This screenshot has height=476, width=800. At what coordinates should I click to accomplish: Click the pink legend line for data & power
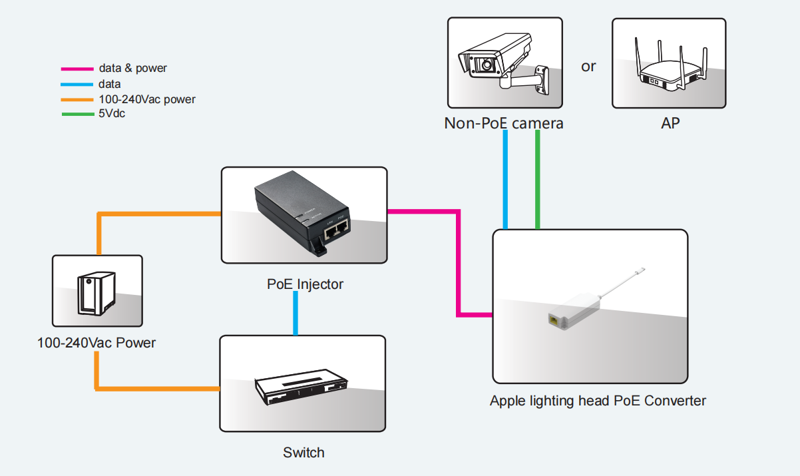coord(77,69)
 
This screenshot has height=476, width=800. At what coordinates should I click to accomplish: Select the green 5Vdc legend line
coord(77,115)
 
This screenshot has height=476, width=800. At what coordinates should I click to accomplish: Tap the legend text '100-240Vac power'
coord(147,99)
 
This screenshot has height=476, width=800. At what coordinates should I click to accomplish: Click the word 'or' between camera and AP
coord(588,67)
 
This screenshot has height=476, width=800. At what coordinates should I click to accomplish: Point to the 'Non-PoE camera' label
coord(504,123)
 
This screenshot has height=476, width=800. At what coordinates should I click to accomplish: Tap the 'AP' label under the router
coord(670,123)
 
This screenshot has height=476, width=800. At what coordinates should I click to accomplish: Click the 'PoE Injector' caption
coord(305,284)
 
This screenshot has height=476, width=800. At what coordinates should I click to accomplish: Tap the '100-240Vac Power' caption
coord(97,343)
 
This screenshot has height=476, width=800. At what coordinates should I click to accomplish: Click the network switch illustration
coord(301,389)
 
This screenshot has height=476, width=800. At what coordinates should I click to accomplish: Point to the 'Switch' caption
coord(303,453)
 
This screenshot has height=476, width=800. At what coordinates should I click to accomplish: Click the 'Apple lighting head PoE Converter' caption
coord(598,401)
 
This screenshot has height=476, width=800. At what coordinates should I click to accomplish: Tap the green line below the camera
coord(537,180)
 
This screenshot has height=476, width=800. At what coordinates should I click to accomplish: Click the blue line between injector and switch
coord(296,313)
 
